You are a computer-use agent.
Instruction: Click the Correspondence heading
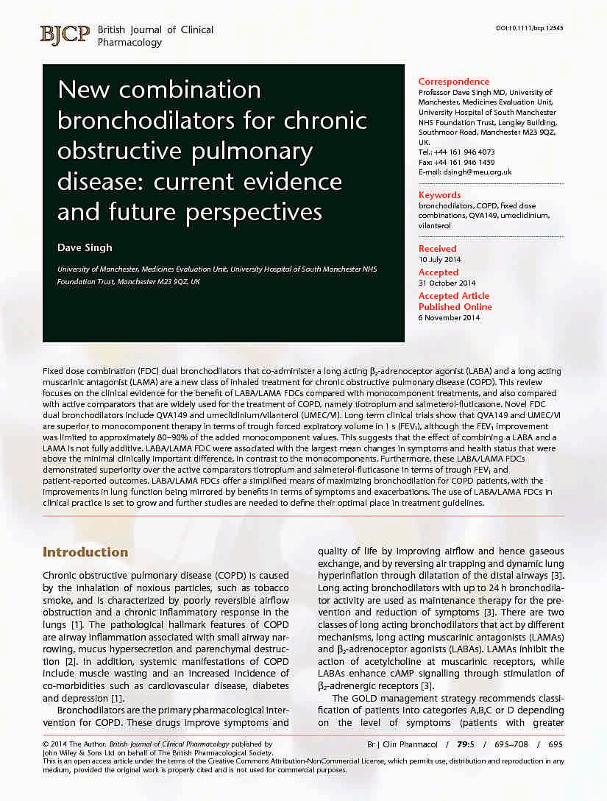click(x=453, y=82)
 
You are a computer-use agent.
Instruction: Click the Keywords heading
click(x=439, y=195)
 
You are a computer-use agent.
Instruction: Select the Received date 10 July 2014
click(x=440, y=259)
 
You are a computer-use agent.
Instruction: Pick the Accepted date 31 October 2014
click(x=447, y=283)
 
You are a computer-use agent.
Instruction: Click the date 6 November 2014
click(x=449, y=317)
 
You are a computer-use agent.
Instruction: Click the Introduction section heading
click(x=85, y=552)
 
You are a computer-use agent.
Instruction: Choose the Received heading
click(x=437, y=249)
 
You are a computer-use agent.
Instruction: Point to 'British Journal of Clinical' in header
click(x=155, y=30)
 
